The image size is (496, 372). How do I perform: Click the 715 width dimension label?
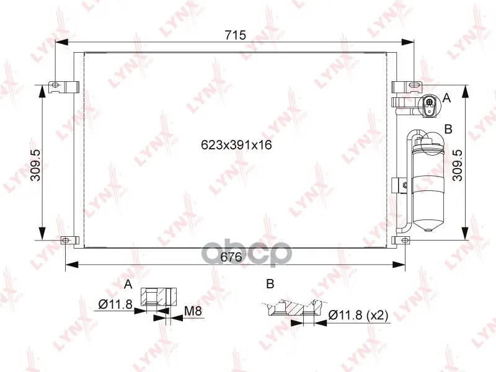click(235, 35)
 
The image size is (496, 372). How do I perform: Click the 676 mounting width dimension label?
click(231, 257)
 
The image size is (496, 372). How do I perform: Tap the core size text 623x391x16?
click(237, 145)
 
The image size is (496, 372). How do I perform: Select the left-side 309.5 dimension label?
click(35, 165)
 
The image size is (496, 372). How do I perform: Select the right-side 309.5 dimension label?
click(458, 165)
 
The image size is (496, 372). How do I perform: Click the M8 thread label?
click(193, 311)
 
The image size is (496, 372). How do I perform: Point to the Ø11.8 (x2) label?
click(358, 315)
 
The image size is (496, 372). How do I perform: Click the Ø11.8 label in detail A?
click(115, 304)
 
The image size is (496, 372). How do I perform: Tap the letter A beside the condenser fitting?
click(446, 98)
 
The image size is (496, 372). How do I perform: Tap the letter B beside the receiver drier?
click(448, 129)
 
